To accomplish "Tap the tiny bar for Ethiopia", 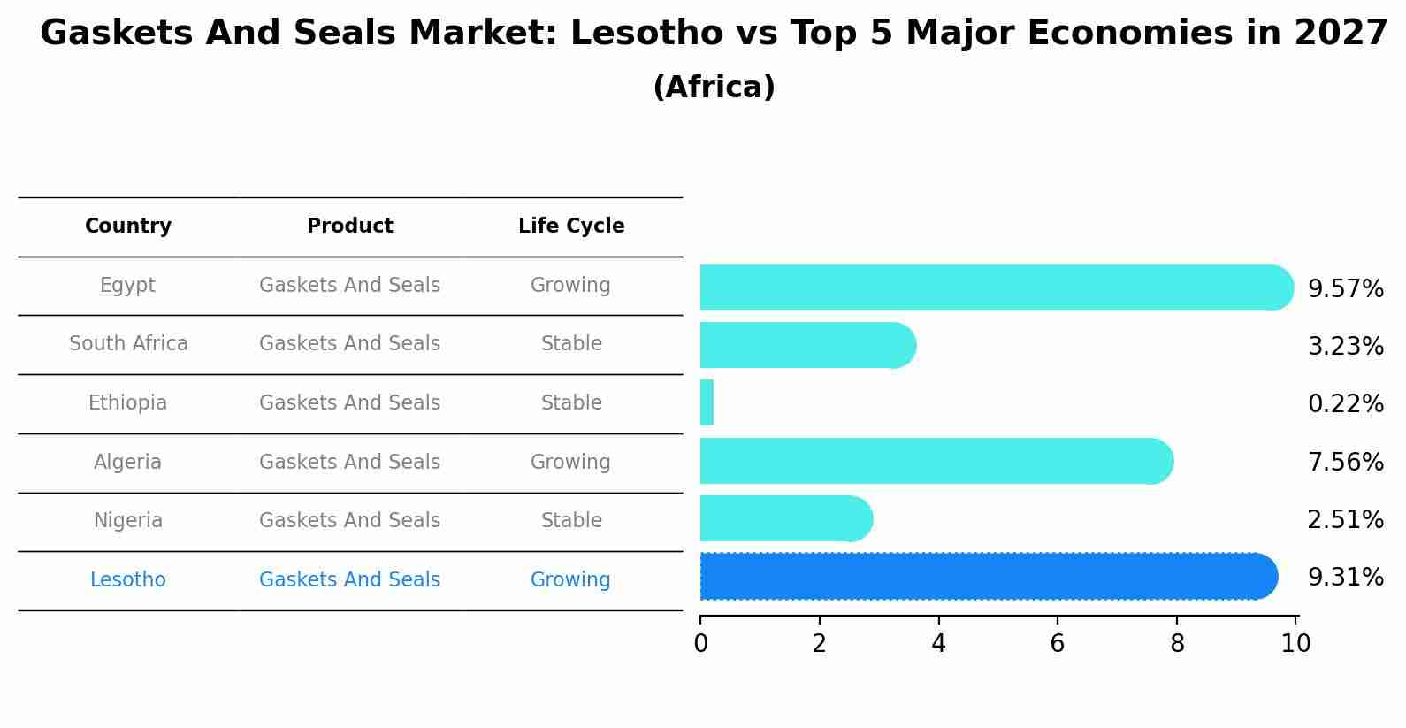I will click(x=707, y=403).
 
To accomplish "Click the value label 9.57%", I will click(x=1345, y=289).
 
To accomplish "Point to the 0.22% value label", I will click(x=1345, y=404).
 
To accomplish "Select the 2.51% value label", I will click(x=1345, y=520).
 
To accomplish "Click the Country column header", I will click(x=128, y=226).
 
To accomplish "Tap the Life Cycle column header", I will click(x=571, y=226).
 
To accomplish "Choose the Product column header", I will click(x=350, y=226).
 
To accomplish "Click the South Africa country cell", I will click(x=128, y=344).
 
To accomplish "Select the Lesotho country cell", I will click(x=128, y=580).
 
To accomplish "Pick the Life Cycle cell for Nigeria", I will click(x=571, y=521).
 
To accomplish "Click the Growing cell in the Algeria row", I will click(x=570, y=463).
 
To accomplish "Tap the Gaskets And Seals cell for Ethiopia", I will click(x=350, y=403).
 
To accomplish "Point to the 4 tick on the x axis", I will click(x=938, y=644).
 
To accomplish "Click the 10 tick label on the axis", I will click(x=1295, y=644).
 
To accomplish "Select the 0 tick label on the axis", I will click(x=700, y=644).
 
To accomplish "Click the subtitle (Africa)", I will click(x=714, y=88).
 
